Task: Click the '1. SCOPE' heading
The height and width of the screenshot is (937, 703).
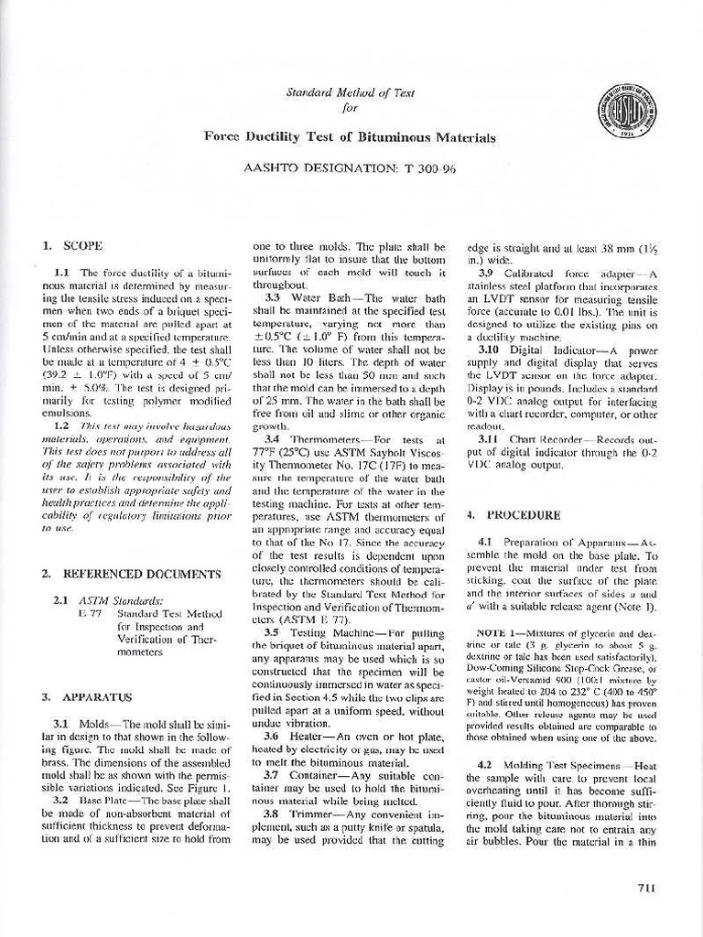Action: click(x=72, y=245)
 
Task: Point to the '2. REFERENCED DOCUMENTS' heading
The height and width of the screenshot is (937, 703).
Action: click(x=131, y=574)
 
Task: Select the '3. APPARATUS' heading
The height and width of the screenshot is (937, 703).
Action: click(x=87, y=696)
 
